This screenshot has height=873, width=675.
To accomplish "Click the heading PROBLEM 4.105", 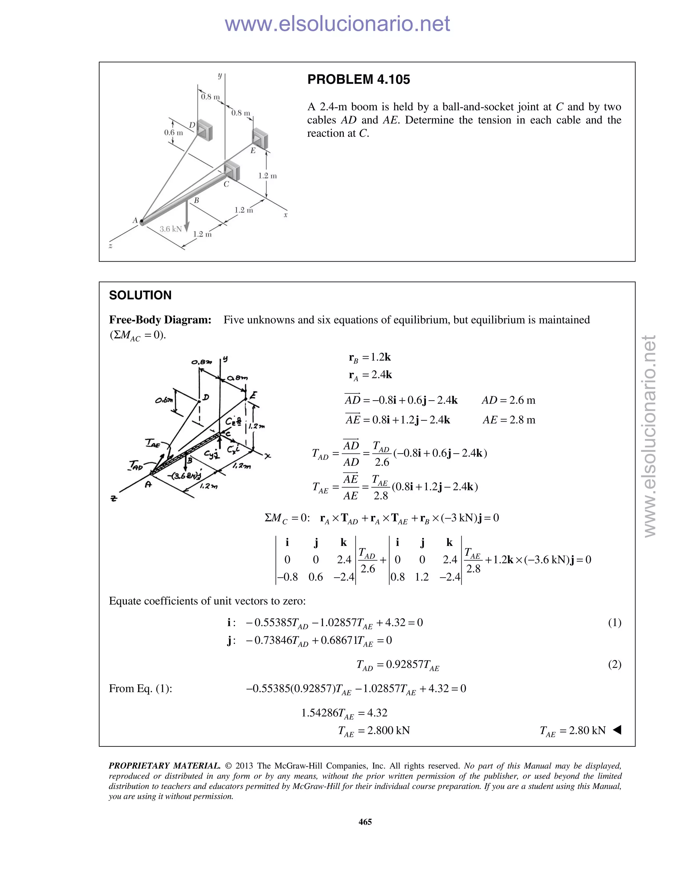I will click(x=358, y=79).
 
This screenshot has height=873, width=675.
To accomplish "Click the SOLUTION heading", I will click(x=140, y=296).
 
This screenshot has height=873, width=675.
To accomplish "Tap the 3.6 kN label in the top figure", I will click(x=170, y=229).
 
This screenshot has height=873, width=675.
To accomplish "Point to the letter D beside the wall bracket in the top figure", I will click(x=192, y=125).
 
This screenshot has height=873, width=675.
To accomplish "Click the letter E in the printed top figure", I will click(x=253, y=151).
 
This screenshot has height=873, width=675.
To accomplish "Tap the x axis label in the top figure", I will click(x=285, y=215).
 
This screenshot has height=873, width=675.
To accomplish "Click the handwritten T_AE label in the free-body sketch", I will click(x=152, y=443).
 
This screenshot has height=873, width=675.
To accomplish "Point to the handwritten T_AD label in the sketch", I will click(x=136, y=465).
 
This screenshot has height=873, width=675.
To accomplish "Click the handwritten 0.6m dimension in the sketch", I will click(x=165, y=400).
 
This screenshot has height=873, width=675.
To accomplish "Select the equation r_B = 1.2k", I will click(x=369, y=357).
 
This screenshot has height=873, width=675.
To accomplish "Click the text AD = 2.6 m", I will click(x=508, y=400).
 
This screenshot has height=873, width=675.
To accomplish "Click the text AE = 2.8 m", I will click(x=509, y=420).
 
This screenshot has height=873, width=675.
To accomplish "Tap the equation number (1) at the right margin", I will click(x=614, y=622).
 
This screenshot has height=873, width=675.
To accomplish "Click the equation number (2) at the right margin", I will click(x=614, y=664).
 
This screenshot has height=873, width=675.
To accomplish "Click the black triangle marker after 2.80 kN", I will click(x=617, y=730).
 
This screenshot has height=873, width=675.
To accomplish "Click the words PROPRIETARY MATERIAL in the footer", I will click(x=164, y=766).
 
